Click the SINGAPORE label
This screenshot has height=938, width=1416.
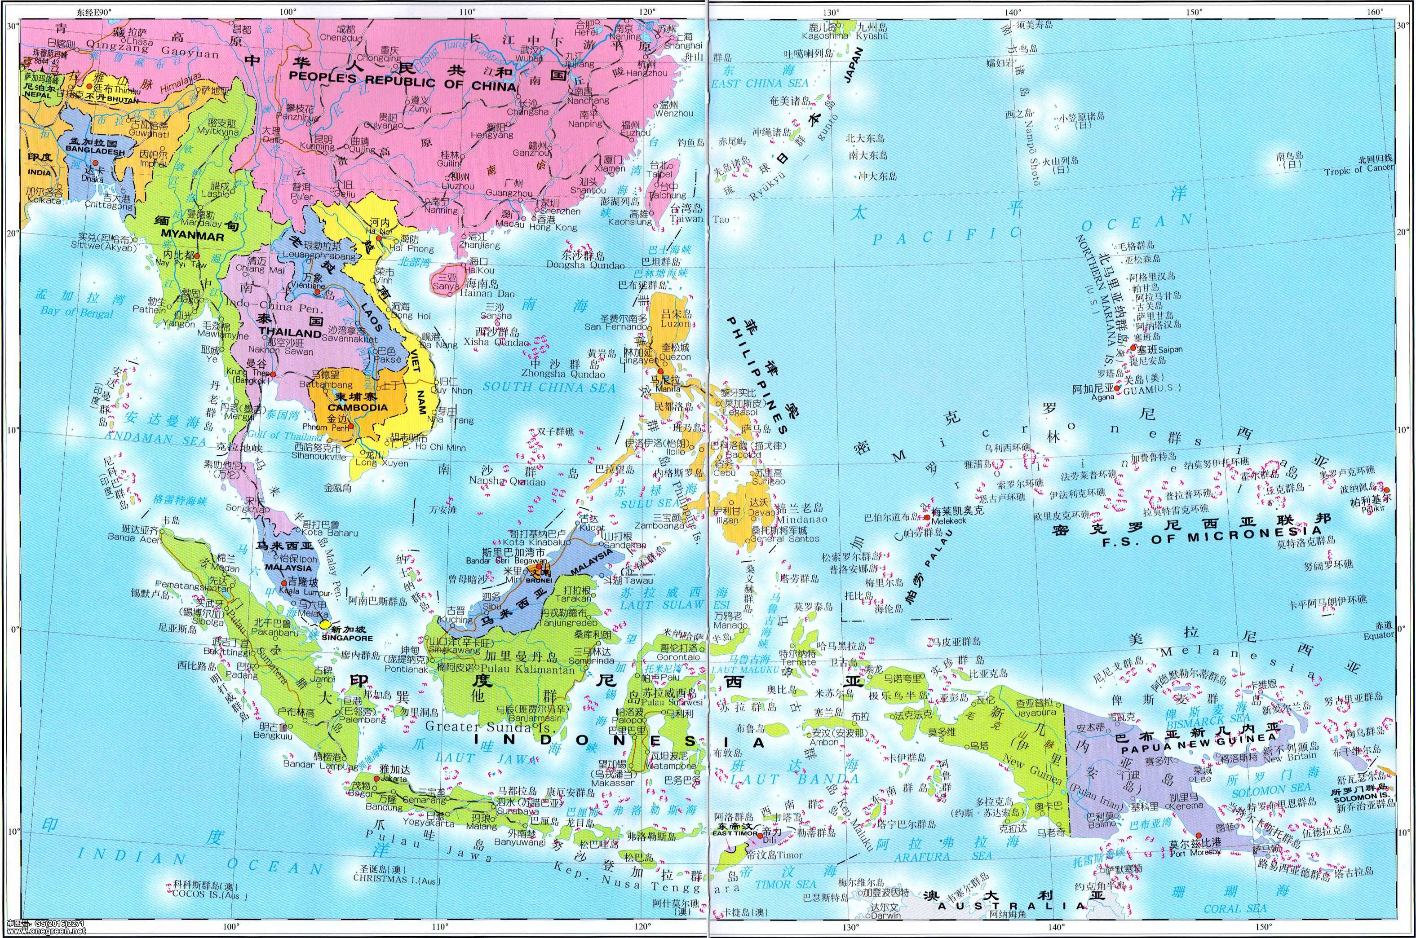[x=344, y=638]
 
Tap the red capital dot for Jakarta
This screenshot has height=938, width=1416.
[x=375, y=778]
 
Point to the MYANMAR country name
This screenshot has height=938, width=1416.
[x=189, y=237]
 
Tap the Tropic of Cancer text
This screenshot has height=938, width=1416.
[x=1358, y=170]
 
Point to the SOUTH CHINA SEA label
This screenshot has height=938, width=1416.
[x=549, y=387]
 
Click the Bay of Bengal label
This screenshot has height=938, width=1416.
[x=77, y=312]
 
